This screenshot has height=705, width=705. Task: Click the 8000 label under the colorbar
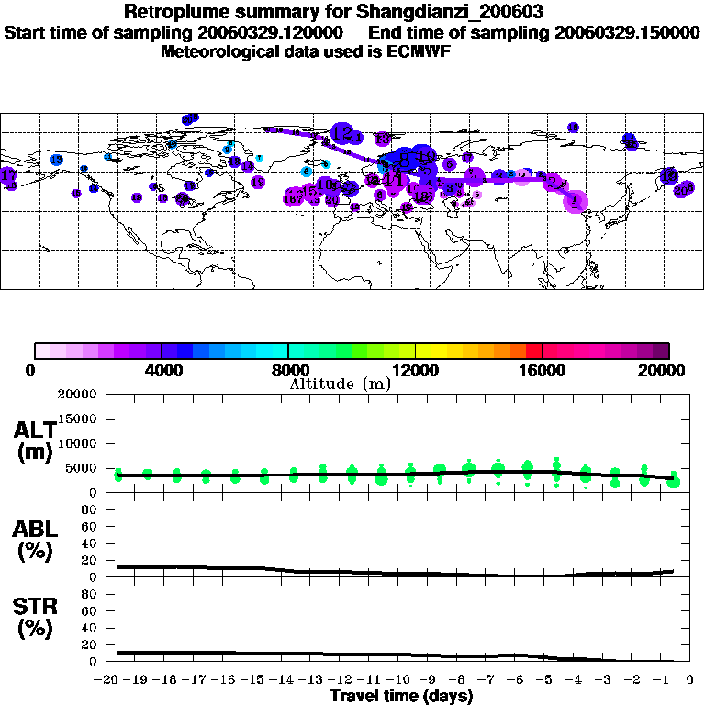coord(287,370)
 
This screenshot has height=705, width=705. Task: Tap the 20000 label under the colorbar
coord(668,370)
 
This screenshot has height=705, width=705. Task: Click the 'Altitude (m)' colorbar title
coord(341,384)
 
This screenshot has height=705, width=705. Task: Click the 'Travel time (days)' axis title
coord(401,696)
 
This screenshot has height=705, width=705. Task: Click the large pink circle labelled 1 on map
coord(576,199)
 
